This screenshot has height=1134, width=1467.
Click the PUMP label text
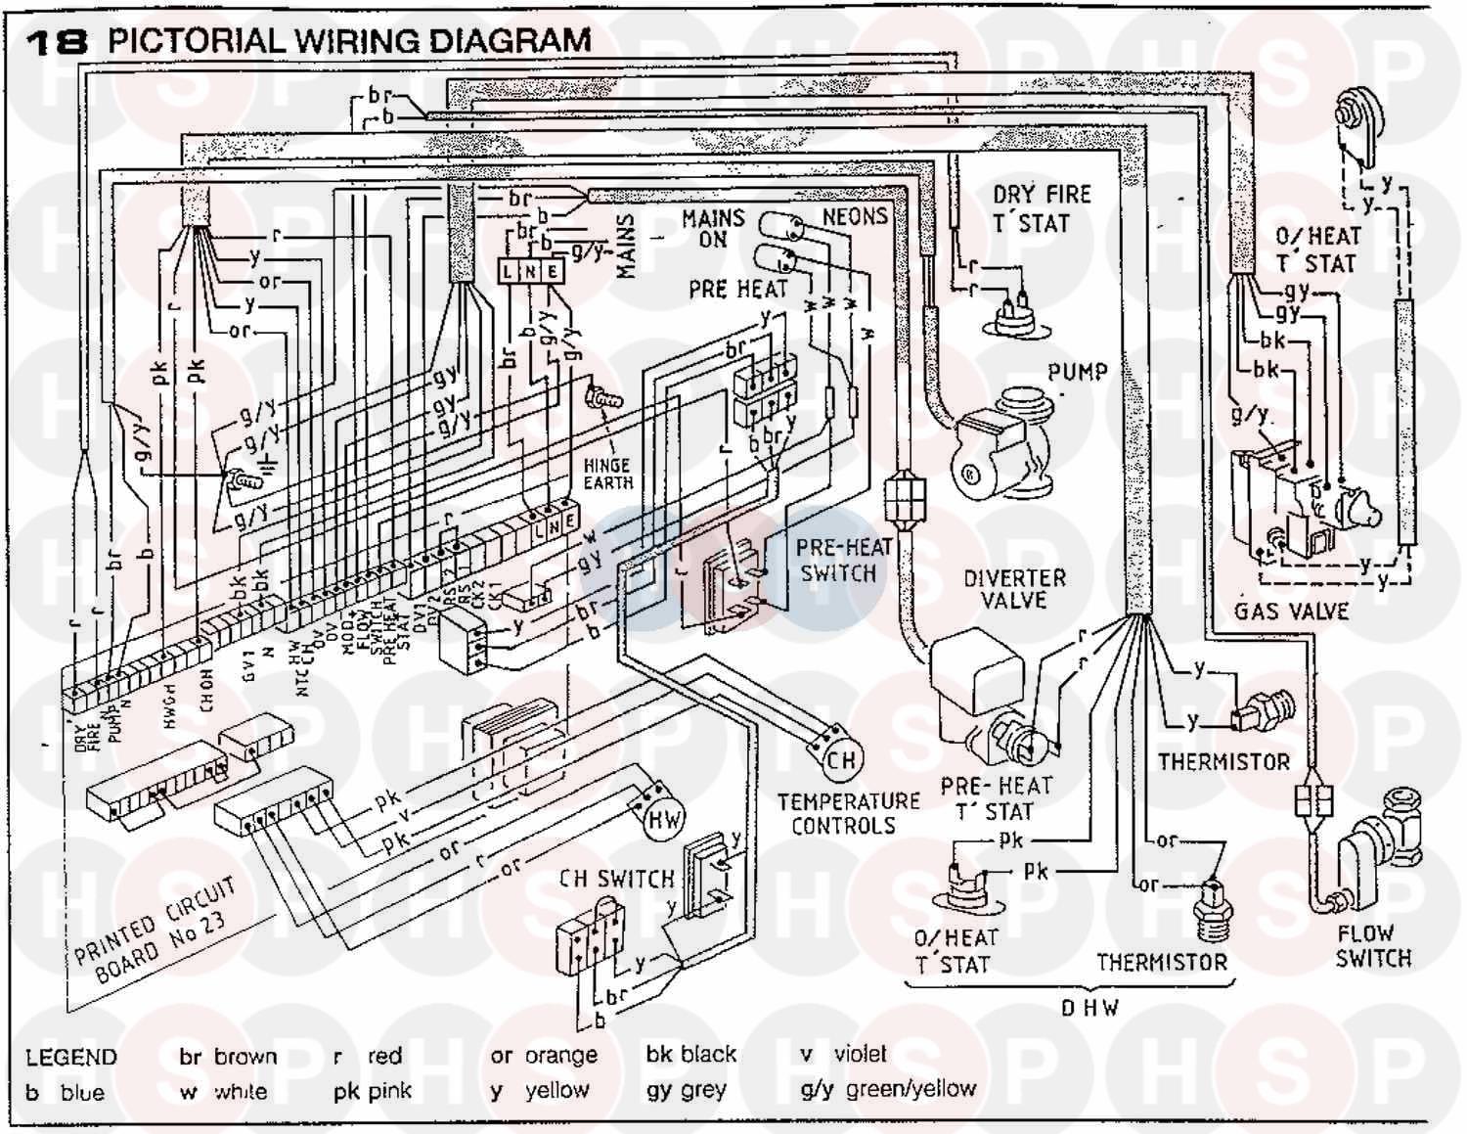pyautogui.click(x=1077, y=372)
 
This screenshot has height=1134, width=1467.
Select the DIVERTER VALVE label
pyautogui.click(x=1014, y=589)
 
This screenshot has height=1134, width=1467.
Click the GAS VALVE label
pyautogui.click(x=1291, y=612)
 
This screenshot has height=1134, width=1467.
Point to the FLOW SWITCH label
pyautogui.click(x=1373, y=946)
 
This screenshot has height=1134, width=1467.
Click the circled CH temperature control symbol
pyautogui.click(x=840, y=759)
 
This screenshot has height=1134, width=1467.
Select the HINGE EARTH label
pyautogui.click(x=607, y=474)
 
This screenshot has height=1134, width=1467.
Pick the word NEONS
pyautogui.click(x=855, y=216)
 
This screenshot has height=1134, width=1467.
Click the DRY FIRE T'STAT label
pyautogui.click(x=1041, y=208)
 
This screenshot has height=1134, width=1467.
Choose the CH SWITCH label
pyautogui.click(x=616, y=879)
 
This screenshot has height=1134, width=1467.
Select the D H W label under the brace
pyautogui.click(x=1089, y=1007)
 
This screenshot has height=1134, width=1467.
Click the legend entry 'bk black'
pyautogui.click(x=690, y=1054)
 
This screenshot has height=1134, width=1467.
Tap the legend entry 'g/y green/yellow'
pyautogui.click(x=888, y=1089)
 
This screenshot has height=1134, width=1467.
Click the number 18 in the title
pyautogui.click(x=57, y=41)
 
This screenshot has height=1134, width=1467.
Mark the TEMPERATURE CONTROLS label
pyautogui.click(x=847, y=813)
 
